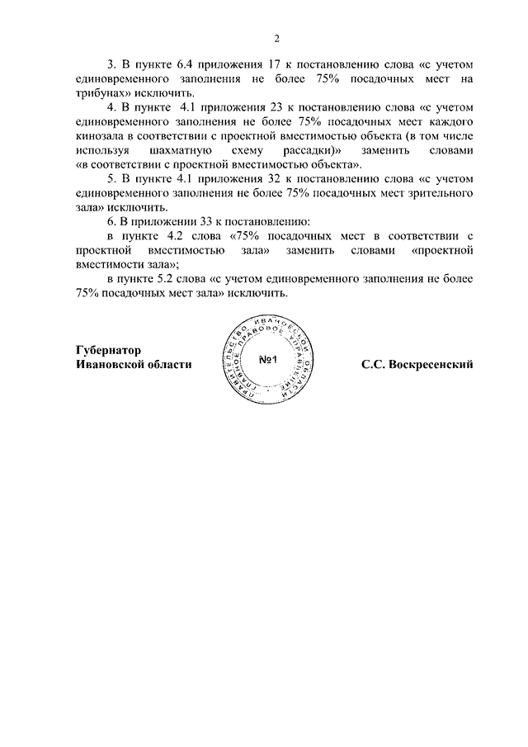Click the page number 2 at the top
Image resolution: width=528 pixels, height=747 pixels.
coord(277,38)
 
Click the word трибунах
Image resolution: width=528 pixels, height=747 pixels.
coord(100,93)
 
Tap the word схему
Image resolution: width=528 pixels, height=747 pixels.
coord(270,153)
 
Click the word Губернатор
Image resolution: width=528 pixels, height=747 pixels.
coord(108,350)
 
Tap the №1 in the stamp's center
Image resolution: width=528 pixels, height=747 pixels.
coord(266,361)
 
